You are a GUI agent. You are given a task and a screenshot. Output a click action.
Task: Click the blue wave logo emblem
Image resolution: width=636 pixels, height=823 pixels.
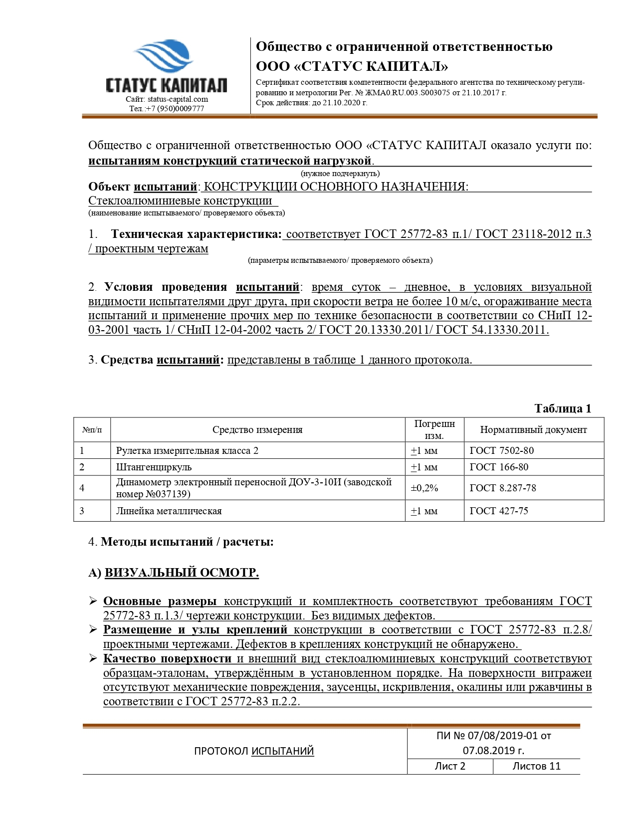tap(163, 56)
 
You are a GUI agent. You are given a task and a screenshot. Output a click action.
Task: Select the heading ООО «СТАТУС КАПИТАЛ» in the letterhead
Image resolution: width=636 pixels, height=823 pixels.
tap(352, 66)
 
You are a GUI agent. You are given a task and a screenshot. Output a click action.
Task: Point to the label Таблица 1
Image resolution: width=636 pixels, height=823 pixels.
tap(562, 409)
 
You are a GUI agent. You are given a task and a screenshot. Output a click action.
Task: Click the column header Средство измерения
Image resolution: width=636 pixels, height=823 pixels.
tap(257, 429)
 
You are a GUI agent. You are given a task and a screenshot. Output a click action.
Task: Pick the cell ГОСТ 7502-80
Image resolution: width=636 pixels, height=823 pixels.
tap(501, 450)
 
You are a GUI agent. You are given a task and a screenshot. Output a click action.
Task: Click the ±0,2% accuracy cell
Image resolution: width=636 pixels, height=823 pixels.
tap(424, 488)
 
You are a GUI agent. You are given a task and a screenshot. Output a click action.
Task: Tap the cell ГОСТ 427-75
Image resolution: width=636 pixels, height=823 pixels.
tap(498, 511)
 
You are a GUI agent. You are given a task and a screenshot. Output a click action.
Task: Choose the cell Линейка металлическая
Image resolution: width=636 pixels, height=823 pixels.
tap(169, 511)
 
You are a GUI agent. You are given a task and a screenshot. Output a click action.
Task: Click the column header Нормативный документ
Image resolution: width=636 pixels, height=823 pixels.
tap(533, 429)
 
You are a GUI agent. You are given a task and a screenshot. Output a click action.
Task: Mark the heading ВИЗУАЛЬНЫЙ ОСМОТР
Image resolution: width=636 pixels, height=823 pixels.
tap(182, 572)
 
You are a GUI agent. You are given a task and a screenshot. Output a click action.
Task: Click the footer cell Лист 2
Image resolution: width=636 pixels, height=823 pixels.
tap(449, 766)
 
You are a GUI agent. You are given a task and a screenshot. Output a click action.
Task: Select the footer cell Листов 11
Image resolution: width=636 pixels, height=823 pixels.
tap(536, 766)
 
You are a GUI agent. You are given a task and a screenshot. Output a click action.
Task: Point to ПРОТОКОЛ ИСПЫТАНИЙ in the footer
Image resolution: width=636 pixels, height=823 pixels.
tap(253, 751)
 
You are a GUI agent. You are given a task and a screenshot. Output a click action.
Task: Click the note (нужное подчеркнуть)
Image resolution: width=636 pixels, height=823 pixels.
tap(340, 174)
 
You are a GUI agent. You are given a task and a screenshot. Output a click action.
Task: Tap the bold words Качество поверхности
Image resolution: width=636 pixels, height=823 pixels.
tap(167, 658)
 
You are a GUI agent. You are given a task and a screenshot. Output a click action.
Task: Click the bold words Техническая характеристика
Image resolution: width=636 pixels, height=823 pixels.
tap(196, 234)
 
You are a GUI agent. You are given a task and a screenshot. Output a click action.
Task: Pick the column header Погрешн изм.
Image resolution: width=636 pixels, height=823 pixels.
tap(434, 429)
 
